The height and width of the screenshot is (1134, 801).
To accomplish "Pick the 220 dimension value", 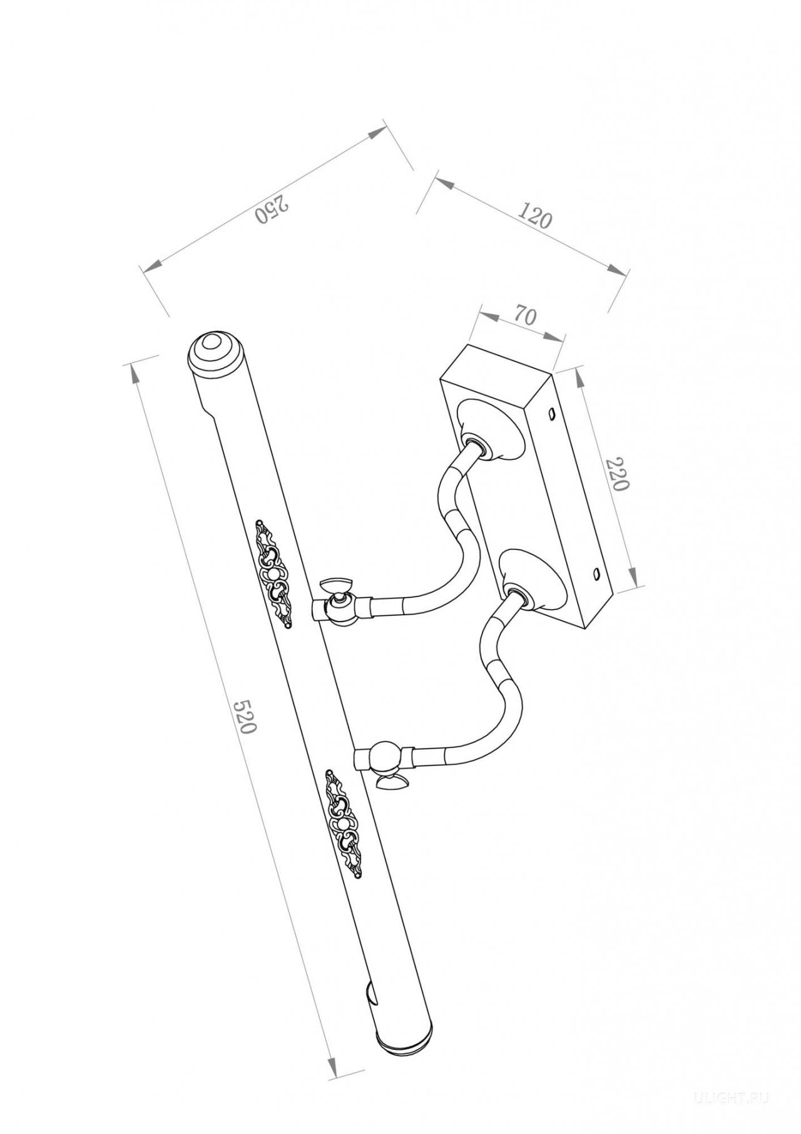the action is pyautogui.click(x=616, y=473).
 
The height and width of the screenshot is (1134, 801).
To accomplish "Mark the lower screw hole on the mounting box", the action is pyautogui.click(x=596, y=572).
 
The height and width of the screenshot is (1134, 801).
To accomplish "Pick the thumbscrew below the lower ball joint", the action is pyautogui.click(x=391, y=783).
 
